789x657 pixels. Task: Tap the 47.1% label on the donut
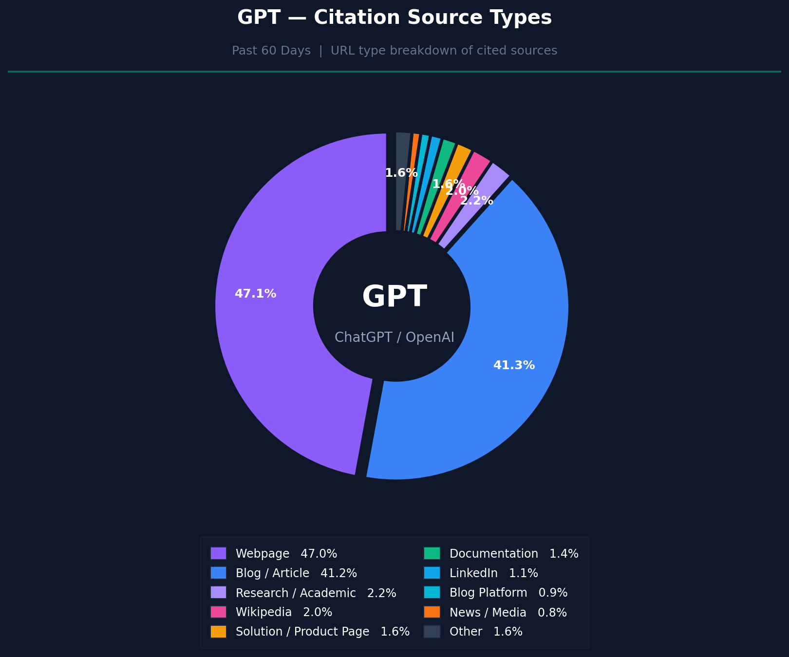pos(255,294)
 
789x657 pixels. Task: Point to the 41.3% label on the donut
pos(514,365)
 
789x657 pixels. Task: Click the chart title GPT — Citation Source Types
pos(394,18)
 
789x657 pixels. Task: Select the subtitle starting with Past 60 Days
pos(394,51)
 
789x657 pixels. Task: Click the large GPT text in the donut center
pos(394,297)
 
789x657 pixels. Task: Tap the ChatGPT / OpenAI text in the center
pos(394,337)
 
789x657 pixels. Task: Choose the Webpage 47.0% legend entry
pos(286,554)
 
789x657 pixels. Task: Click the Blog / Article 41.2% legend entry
pos(296,573)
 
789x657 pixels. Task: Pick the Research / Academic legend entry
pos(316,593)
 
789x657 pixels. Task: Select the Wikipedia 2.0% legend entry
pos(284,612)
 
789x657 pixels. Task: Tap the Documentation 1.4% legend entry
pos(514,554)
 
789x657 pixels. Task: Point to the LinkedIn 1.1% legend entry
pos(493,573)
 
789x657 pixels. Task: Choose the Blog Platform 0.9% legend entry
pos(508,593)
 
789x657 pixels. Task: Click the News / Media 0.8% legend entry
pos(508,612)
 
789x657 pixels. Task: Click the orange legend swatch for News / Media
pos(432,612)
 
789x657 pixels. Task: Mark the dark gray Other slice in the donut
pos(402,156)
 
